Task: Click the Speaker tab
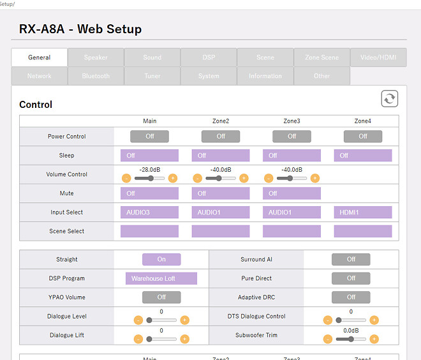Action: pyautogui.click(x=96, y=57)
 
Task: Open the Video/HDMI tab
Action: pyautogui.click(x=378, y=57)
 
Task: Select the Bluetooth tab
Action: pyautogui.click(x=96, y=76)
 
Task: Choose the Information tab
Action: pyautogui.click(x=265, y=76)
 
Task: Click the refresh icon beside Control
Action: pyautogui.click(x=389, y=99)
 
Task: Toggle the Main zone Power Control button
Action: pyautogui.click(x=150, y=136)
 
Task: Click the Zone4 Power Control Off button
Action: pyautogui.click(x=362, y=136)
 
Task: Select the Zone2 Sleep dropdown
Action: pyautogui.click(x=221, y=155)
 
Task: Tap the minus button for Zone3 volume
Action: pyautogui.click(x=269, y=178)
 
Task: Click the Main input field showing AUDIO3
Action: pyautogui.click(x=150, y=213)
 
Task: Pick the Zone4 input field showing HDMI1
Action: pyautogui.click(x=362, y=213)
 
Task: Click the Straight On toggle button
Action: pyautogui.click(x=161, y=259)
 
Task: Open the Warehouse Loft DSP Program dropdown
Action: pyautogui.click(x=161, y=278)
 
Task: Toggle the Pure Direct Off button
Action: pyautogui.click(x=351, y=278)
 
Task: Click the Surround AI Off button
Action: pyautogui.click(x=351, y=259)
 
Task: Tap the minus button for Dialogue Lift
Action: pyautogui.click(x=138, y=339)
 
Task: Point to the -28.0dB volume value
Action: pyautogui.click(x=150, y=170)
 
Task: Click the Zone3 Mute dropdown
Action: pyautogui.click(x=292, y=193)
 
